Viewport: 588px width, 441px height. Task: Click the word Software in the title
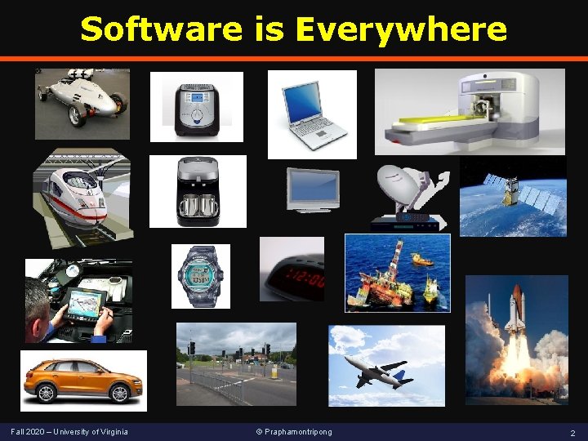[x=161, y=29]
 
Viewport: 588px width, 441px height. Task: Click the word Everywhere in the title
[x=401, y=29]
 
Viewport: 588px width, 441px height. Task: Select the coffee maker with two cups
[x=197, y=193]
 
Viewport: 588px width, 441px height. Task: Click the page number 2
[x=572, y=432]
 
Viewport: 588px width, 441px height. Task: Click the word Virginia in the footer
[x=112, y=431]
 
